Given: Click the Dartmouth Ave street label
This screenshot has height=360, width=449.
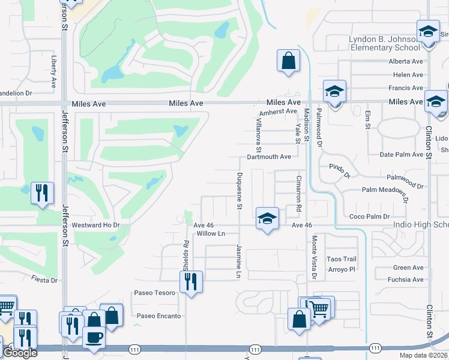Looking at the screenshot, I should (269, 157).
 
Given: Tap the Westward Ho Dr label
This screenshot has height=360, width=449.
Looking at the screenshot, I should (96, 226).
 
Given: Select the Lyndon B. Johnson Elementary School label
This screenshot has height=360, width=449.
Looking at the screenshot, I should (384, 43).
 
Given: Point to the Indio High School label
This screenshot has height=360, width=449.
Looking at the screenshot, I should (420, 225).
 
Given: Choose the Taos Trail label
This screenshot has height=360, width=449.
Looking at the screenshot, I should (342, 259).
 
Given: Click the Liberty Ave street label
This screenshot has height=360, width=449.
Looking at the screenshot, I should (54, 72).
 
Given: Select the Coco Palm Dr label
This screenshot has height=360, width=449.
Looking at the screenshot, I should (369, 216).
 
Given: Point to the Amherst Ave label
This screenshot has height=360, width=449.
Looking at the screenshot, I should (278, 112).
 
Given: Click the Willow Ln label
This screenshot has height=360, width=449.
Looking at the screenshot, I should (210, 233).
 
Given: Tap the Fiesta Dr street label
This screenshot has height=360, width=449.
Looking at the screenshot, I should (45, 280).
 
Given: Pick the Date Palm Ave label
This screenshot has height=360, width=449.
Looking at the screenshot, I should (402, 154).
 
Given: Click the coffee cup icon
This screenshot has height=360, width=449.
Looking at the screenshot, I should (94, 337).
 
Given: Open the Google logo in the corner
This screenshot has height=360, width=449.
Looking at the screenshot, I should (20, 353).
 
